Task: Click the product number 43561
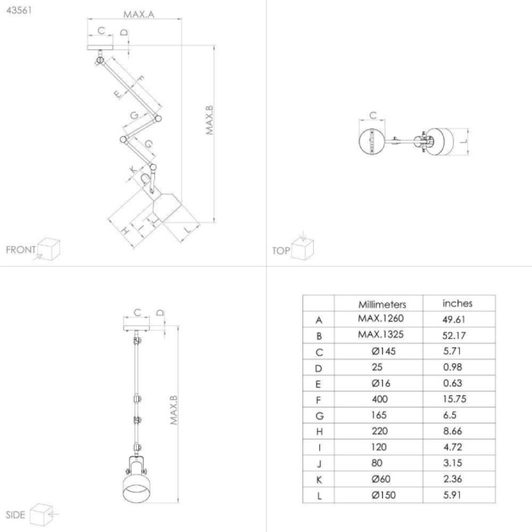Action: [x=19, y=10]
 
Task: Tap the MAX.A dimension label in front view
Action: [x=139, y=14]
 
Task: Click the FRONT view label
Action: [x=21, y=250]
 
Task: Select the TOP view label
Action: [x=281, y=251]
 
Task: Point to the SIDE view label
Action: [x=15, y=514]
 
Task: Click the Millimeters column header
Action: [x=382, y=304]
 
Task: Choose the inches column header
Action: [x=458, y=303]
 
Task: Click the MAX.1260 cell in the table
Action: [x=381, y=318]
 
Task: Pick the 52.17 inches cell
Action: [x=454, y=336]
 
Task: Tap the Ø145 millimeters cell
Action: [x=384, y=351]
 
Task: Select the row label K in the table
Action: [x=319, y=480]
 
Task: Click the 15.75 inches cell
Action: [x=454, y=399]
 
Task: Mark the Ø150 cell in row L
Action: [x=384, y=495]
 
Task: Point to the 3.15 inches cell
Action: [x=453, y=463]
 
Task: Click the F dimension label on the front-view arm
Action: [x=139, y=80]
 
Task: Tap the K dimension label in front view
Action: [x=133, y=169]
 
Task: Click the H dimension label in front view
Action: [x=125, y=231]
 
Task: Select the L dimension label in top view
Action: [x=464, y=141]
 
